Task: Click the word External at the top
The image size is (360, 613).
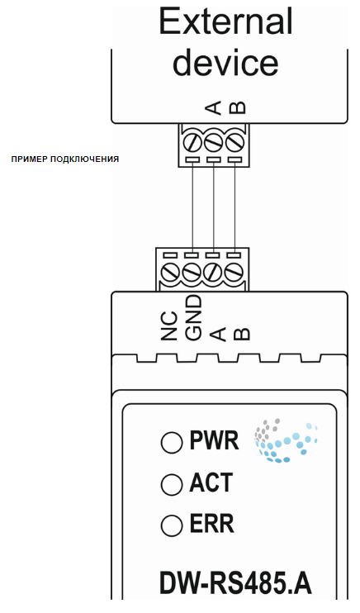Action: (225, 21)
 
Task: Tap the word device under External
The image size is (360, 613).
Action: (225, 62)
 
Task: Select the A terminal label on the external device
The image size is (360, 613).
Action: (213, 107)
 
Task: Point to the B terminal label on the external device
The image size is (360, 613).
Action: (237, 107)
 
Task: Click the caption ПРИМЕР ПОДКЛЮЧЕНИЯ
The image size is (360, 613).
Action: (65, 159)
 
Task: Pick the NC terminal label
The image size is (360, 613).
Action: (169, 326)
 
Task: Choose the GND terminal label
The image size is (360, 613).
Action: (194, 317)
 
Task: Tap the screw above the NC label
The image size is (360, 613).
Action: (170, 272)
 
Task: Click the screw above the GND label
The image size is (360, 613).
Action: (192, 272)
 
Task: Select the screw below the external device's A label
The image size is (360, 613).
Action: (213, 142)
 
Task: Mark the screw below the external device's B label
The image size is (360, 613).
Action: (235, 142)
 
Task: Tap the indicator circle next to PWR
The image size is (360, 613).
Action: (172, 442)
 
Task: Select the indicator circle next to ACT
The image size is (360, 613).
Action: (172, 484)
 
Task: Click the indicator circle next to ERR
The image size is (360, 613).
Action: (172, 525)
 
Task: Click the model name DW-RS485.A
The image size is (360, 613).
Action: (235, 584)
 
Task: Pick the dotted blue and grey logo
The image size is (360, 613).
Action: (286, 440)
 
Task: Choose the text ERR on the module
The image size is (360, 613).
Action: (212, 524)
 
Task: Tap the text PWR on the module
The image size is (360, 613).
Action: (214, 440)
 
